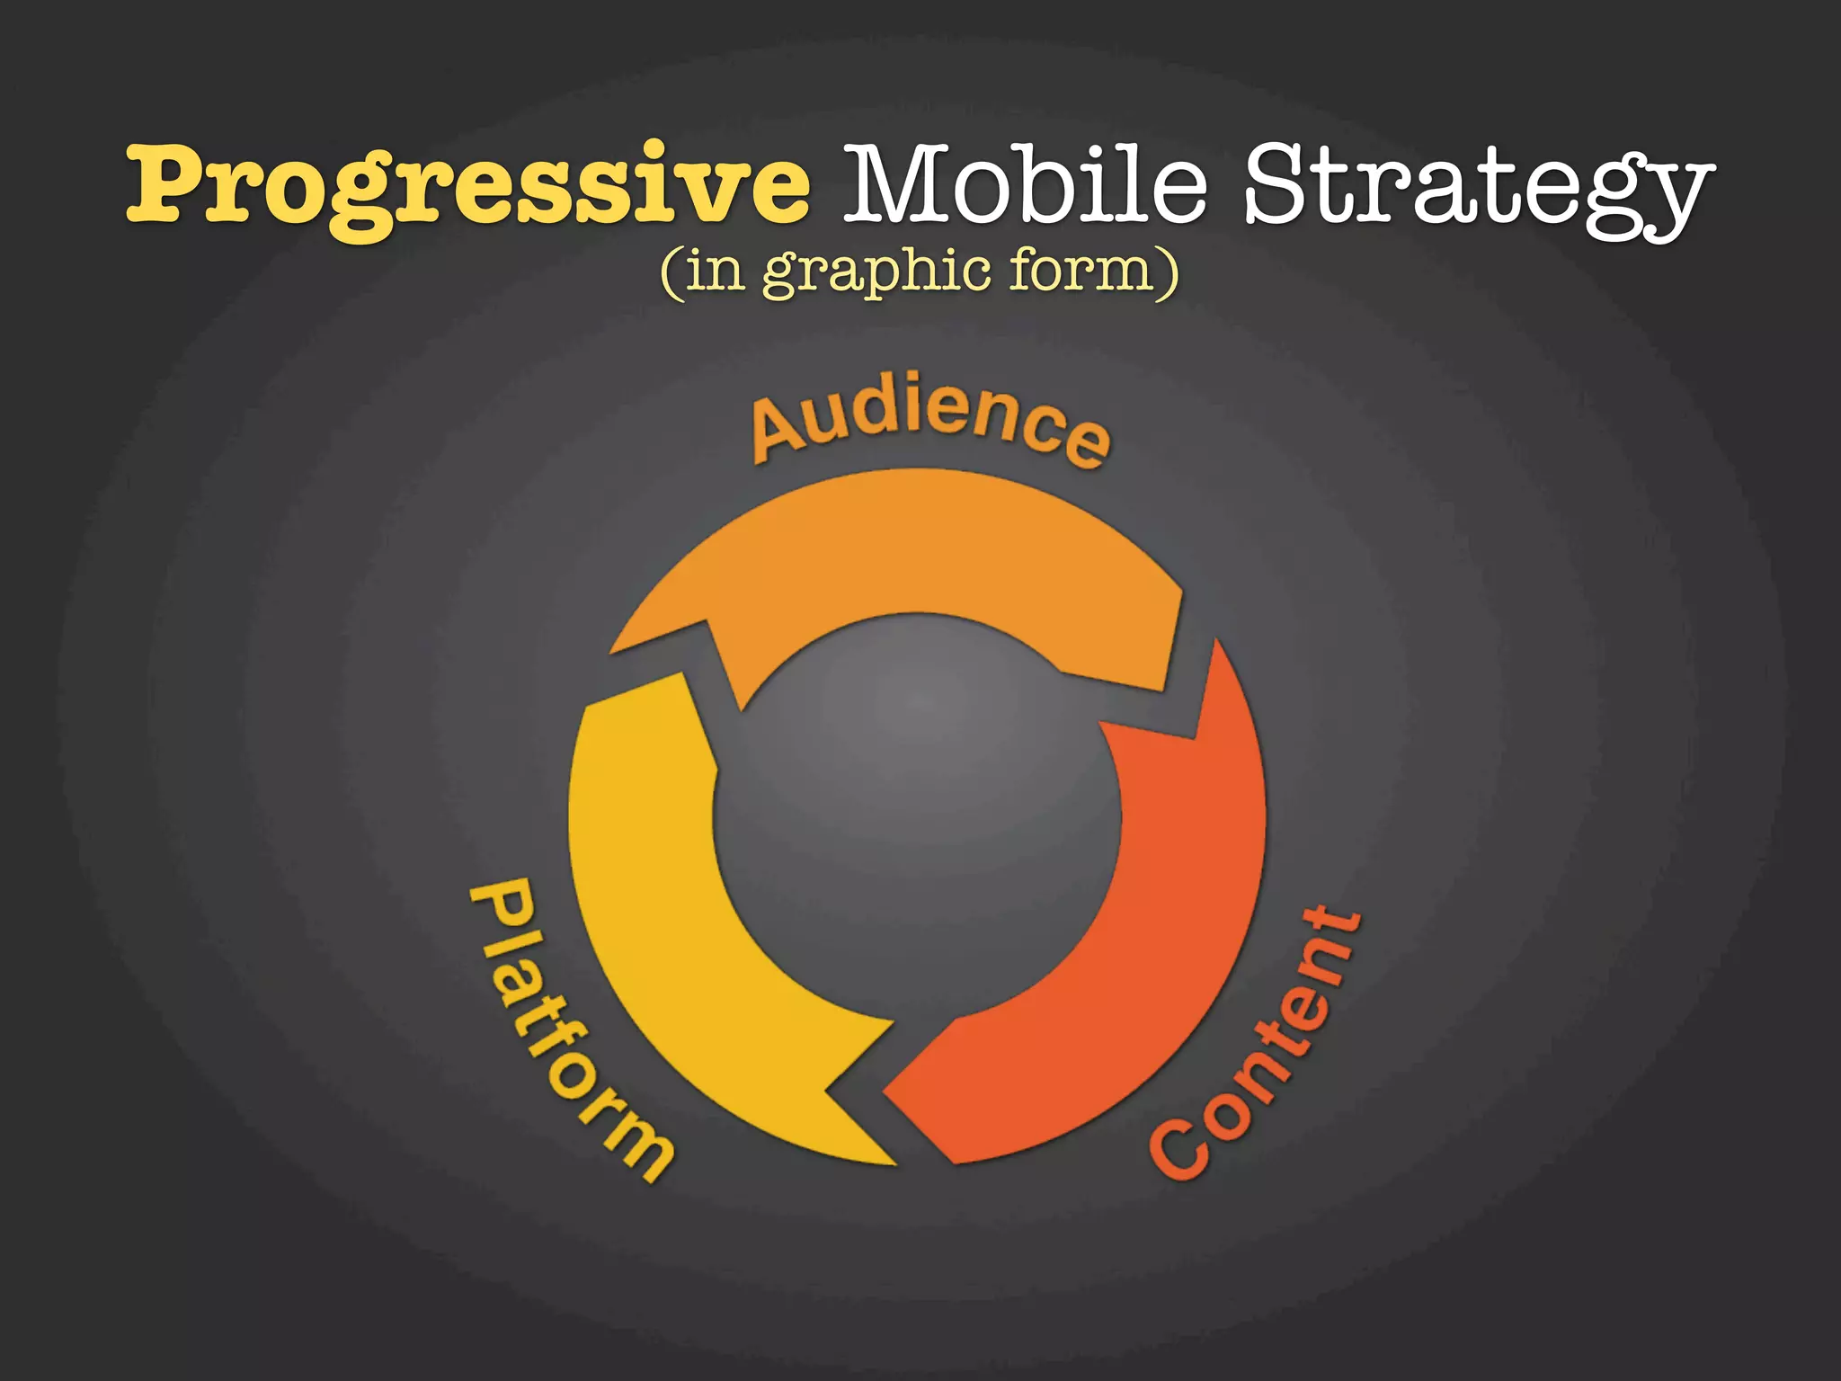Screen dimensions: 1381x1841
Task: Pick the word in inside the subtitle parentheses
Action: (715, 271)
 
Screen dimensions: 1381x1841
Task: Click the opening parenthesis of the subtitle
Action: (671, 272)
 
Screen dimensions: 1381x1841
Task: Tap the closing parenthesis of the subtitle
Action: (1168, 272)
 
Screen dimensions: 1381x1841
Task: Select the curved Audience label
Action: (931, 418)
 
